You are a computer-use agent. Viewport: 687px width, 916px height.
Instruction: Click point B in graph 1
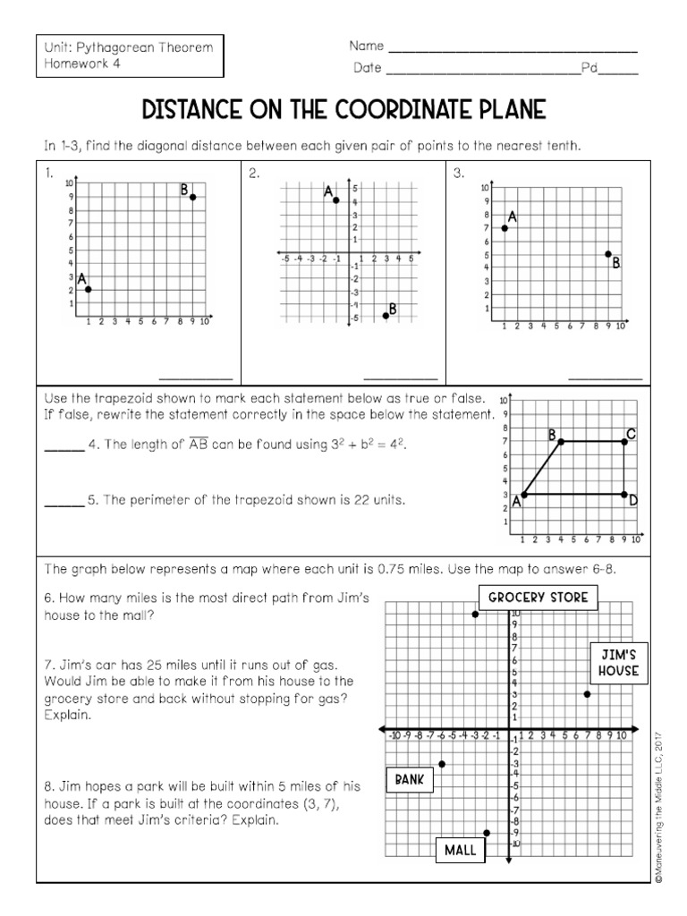pyautogui.click(x=192, y=197)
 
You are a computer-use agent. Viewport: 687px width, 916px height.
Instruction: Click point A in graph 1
pyautogui.click(x=88, y=289)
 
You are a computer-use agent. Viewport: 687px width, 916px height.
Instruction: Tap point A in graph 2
pyautogui.click(x=336, y=200)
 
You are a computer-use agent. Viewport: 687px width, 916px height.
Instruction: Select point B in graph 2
pyautogui.click(x=386, y=315)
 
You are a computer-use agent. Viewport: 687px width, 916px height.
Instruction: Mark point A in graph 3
pyautogui.click(x=505, y=228)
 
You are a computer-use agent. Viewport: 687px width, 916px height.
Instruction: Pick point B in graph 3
pyautogui.click(x=608, y=254)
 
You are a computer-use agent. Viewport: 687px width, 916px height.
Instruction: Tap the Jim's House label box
pyautogui.click(x=618, y=663)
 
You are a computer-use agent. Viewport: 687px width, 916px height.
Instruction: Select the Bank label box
pyautogui.click(x=409, y=779)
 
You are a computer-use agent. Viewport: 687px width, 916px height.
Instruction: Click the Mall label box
pyautogui.click(x=460, y=850)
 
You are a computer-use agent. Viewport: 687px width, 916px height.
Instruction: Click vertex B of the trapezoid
pyautogui.click(x=561, y=442)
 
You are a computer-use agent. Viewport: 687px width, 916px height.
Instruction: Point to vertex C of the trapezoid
pyautogui.click(x=623, y=442)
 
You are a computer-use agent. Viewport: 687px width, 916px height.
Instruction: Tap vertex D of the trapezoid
pyautogui.click(x=623, y=494)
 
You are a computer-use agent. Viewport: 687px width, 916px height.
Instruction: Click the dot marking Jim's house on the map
pyautogui.click(x=587, y=694)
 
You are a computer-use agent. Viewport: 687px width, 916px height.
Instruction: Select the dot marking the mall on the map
pyautogui.click(x=487, y=833)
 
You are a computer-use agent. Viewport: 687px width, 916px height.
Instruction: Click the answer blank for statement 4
pyautogui.click(x=63, y=450)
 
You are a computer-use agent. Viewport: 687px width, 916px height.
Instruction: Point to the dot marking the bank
pyautogui.click(x=442, y=764)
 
